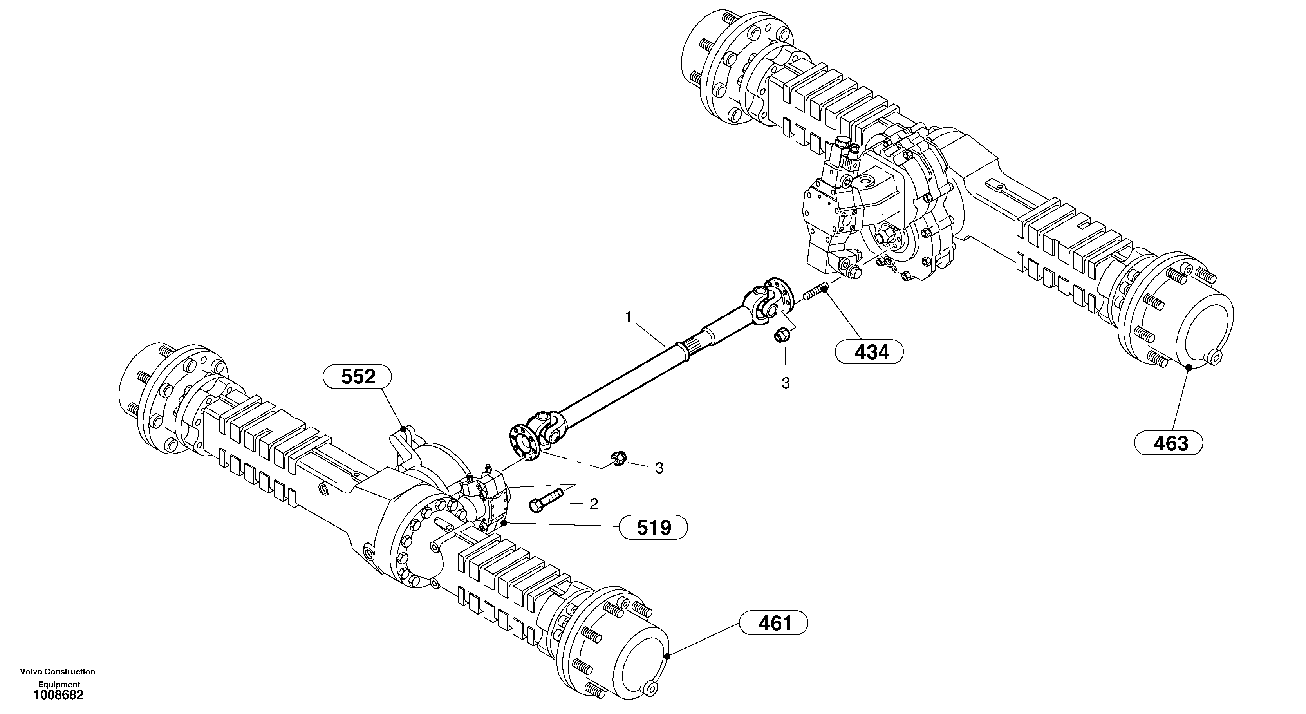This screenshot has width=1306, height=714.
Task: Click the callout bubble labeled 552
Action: coord(358,377)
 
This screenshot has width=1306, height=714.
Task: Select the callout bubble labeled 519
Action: coord(654,528)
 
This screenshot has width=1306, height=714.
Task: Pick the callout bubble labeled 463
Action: coord(1169,443)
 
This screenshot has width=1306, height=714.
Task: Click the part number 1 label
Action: coord(628,318)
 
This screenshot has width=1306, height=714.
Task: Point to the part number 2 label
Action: coord(594,504)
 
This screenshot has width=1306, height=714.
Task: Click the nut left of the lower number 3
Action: coord(618,457)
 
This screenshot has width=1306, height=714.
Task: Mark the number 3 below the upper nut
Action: coord(785,383)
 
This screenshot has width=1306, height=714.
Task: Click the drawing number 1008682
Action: coord(58,695)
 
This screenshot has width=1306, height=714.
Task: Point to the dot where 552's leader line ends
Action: coord(404,429)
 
